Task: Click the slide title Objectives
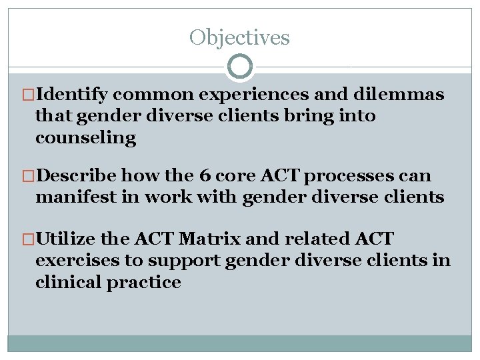click(x=239, y=37)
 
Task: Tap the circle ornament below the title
click(x=240, y=67)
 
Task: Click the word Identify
click(x=76, y=95)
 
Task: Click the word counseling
click(x=85, y=138)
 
